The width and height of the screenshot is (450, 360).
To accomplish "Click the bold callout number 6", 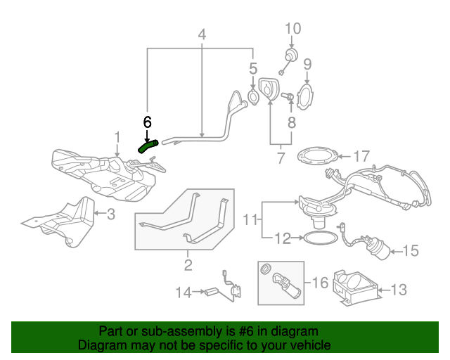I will coord(147,122).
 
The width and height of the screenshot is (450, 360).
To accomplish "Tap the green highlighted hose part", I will coord(148,146).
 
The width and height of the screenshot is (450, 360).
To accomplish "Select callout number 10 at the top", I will coord(293,29).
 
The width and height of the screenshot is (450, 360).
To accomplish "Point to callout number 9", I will coord(307,65).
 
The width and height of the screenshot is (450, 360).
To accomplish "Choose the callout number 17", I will coord(361,155).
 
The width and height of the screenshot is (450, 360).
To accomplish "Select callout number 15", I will coord(410,250).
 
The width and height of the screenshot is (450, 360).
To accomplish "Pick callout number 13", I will coord(398,288).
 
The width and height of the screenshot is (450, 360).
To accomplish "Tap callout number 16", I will coord(321,283).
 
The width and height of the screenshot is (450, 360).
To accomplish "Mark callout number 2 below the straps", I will coord(188,265).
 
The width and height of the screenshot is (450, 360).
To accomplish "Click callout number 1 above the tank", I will coord(117,136).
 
